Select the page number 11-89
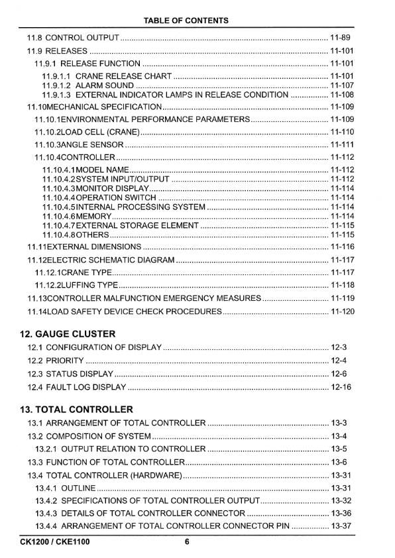click(x=340, y=37)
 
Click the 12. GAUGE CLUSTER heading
click(x=68, y=333)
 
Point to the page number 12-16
click(x=340, y=387)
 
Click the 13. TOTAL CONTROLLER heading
click(x=76, y=409)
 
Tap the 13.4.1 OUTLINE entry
click(x=66, y=488)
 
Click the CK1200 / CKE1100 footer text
click(x=55, y=542)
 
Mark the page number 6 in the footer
click(x=188, y=542)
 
